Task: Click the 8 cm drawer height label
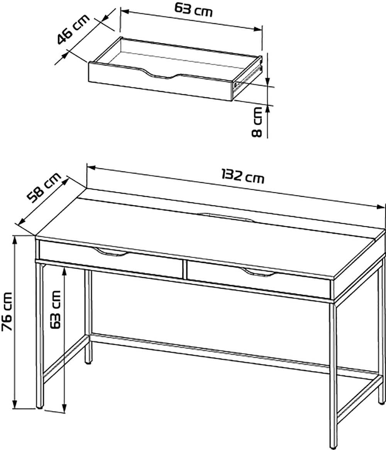point(257,122)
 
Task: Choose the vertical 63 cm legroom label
point(55,310)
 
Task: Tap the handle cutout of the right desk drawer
point(258,272)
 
